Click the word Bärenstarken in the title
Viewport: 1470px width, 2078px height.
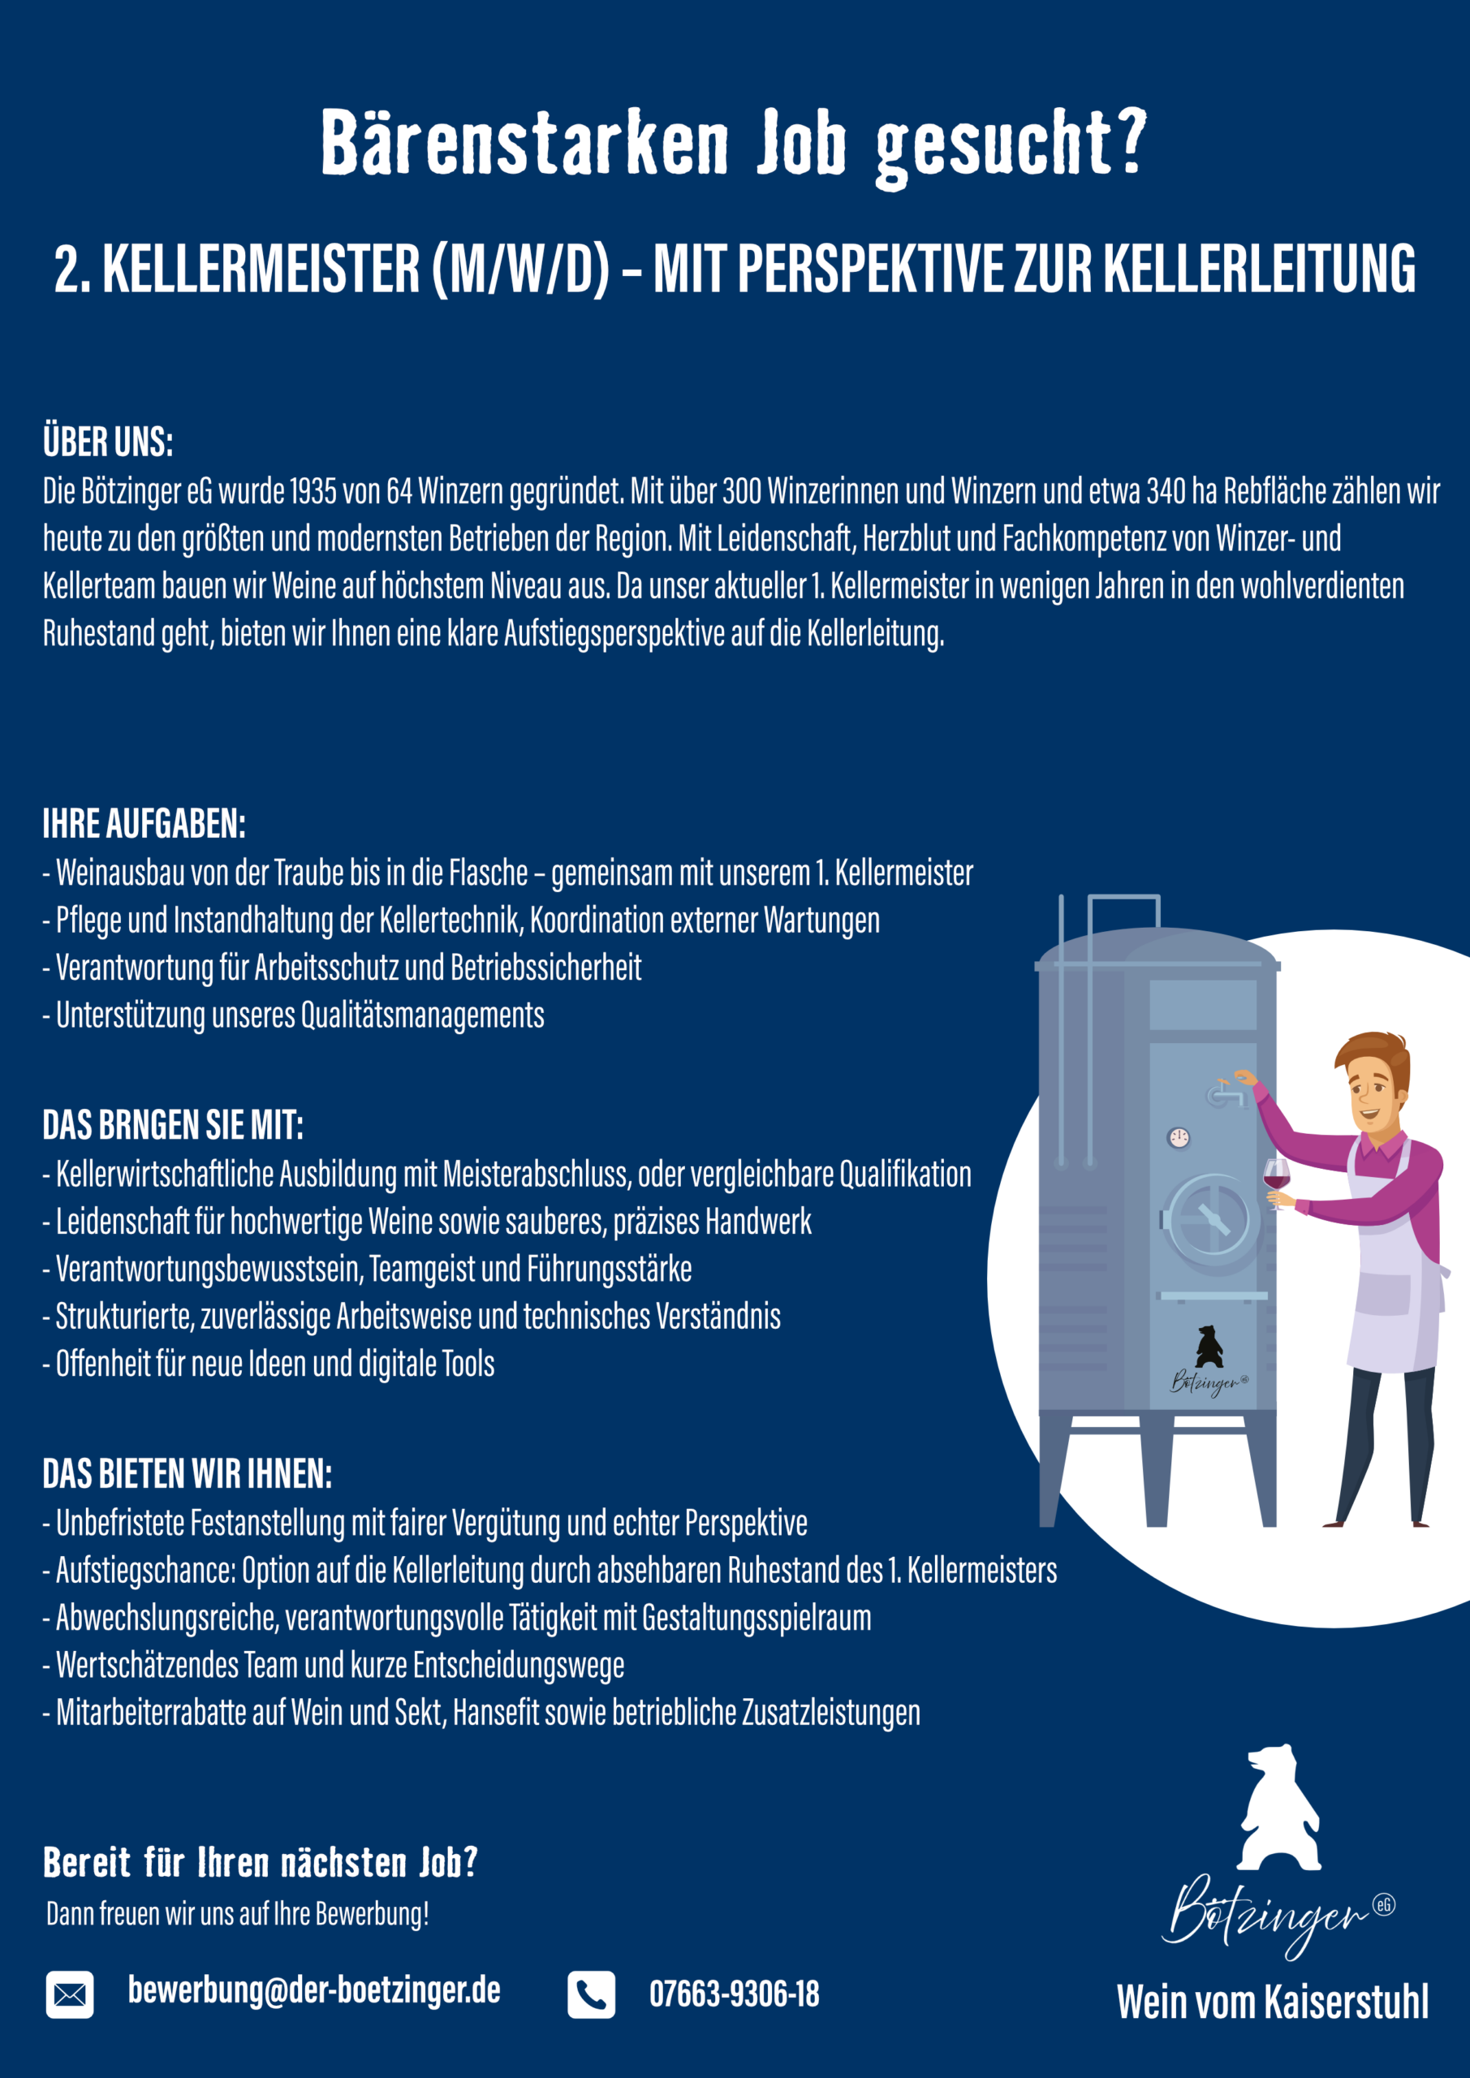tap(525, 143)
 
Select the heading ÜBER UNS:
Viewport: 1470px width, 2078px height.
tap(108, 442)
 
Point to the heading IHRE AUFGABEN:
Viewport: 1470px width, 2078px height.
tap(144, 825)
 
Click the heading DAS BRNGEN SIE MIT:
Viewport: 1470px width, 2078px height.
tap(173, 1126)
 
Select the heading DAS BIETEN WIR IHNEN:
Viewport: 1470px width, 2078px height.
tap(188, 1474)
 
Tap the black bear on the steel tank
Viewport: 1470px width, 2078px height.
tap(1209, 1347)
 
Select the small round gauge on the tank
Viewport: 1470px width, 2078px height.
tap(1179, 1138)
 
